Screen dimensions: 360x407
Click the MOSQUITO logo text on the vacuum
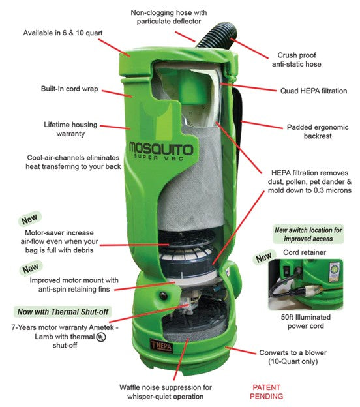(x=161, y=149)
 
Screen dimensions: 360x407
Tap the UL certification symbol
(x=101, y=337)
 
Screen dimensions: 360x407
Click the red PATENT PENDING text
(x=266, y=392)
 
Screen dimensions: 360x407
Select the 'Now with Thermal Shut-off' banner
(x=63, y=312)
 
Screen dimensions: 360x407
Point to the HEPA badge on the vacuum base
(x=161, y=346)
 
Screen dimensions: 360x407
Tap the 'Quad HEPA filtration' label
(x=314, y=91)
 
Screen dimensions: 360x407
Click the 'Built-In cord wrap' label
(x=70, y=89)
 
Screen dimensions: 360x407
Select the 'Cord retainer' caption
(x=305, y=252)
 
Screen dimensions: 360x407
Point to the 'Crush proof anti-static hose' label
(x=297, y=60)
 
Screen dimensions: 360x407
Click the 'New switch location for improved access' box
(x=308, y=234)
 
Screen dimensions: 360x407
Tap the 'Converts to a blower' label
(x=293, y=357)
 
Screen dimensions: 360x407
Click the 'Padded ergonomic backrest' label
(x=318, y=132)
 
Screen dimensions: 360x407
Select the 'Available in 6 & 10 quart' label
(x=63, y=33)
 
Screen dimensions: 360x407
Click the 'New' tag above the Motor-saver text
(x=29, y=219)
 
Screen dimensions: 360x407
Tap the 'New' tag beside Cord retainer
(x=263, y=258)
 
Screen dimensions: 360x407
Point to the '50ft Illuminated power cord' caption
(x=306, y=322)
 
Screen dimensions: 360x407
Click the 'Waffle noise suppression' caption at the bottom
(x=166, y=392)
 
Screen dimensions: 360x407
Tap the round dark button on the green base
(x=163, y=295)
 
